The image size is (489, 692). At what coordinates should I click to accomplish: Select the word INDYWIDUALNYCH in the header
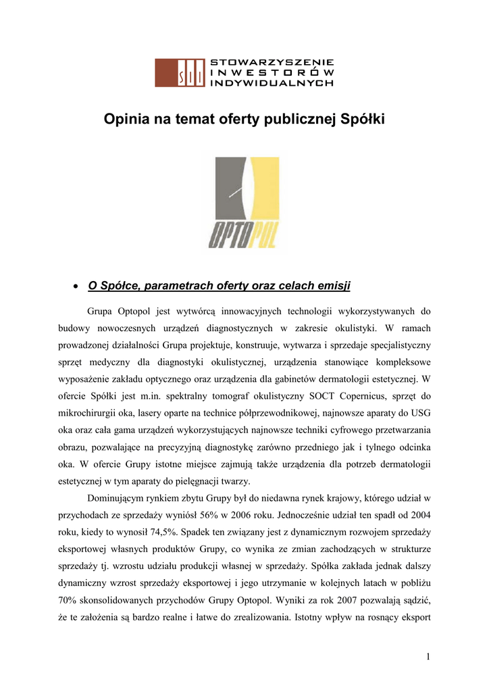point(272,82)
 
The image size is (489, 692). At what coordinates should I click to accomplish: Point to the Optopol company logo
point(244,203)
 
